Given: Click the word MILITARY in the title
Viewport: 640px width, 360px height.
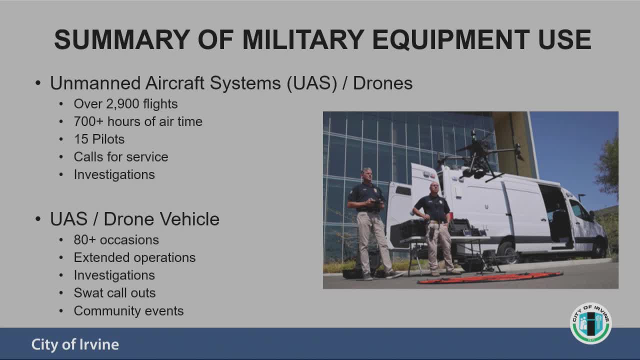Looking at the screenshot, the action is point(303,39).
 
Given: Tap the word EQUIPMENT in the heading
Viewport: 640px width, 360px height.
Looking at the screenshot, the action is point(451,39).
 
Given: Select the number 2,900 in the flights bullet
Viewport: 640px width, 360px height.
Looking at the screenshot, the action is point(123,104).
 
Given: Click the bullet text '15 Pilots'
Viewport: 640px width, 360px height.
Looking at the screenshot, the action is point(99,139).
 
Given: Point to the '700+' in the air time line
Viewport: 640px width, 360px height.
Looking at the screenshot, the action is point(88,121).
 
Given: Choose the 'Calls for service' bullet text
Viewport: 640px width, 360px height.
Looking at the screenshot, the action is point(121,157).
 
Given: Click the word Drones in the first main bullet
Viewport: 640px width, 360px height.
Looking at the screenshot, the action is point(383,83).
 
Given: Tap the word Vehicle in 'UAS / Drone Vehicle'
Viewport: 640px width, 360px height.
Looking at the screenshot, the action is point(189,219).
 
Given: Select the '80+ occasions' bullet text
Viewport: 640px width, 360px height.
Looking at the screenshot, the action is point(116,240).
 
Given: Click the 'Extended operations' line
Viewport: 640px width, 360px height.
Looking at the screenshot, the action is point(134,257).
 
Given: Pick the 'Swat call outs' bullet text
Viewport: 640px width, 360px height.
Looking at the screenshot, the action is point(114,293).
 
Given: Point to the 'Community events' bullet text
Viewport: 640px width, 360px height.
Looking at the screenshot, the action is point(128,311).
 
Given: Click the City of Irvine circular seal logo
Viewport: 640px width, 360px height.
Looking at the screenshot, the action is point(591,323).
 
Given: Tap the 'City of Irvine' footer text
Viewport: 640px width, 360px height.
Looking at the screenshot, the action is point(75,344).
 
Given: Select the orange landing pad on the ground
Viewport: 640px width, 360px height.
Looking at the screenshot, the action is point(490,277).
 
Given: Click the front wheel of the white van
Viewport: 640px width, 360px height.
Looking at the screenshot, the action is point(599,247).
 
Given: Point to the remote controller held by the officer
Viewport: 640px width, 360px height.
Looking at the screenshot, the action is point(376,203).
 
